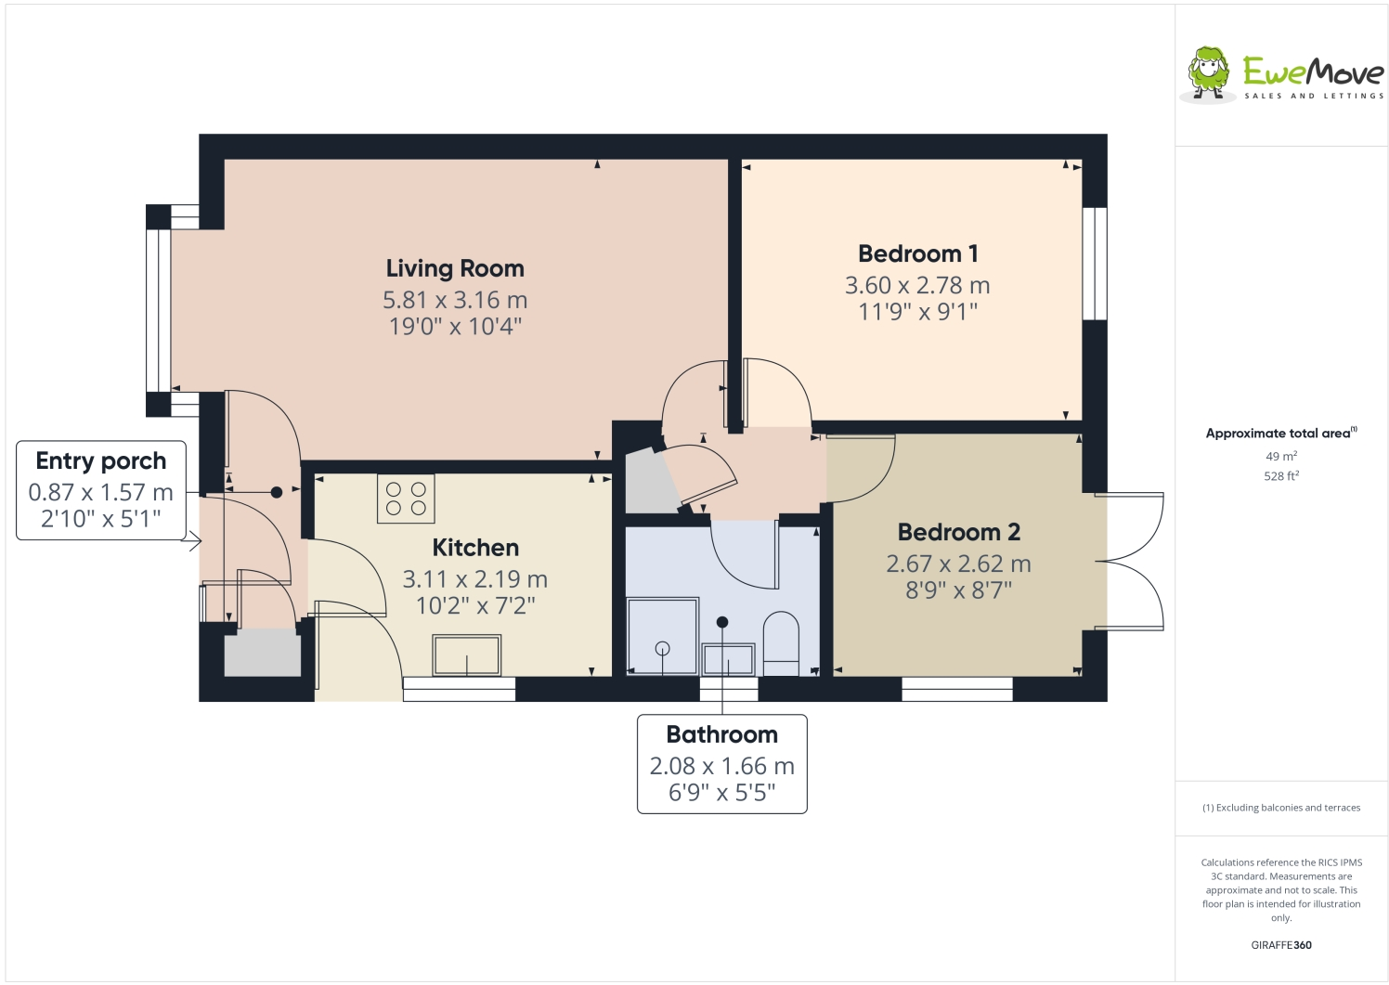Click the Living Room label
coord(455,268)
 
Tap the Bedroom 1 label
coord(917,253)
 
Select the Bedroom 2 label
coord(958,532)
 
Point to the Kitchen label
coord(475,548)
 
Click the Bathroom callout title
coord(721,734)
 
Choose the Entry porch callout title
coord(101,460)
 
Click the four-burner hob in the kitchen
coord(406,499)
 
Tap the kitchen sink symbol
coord(466,655)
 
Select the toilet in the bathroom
coord(781,642)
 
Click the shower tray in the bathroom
coord(662,636)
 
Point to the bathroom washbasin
coord(728,658)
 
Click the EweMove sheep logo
coord(1209,72)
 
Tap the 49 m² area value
coord(1280,456)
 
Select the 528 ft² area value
coord(1280,476)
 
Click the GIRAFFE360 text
coord(1280,945)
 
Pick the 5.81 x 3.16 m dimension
coord(455,300)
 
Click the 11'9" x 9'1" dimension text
coord(917,312)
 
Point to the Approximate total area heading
coord(1279,433)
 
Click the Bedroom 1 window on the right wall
coord(1095,264)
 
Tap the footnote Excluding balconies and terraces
coord(1280,808)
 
